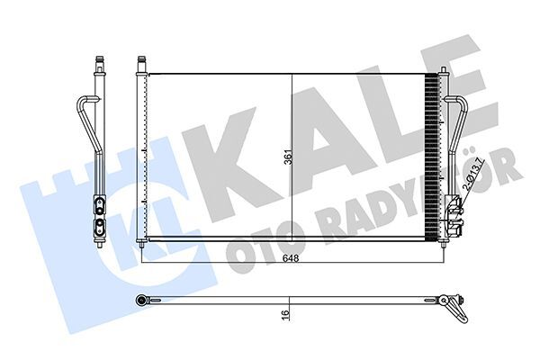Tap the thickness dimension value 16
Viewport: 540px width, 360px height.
pos(286,315)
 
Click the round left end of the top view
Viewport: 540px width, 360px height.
pos(141,299)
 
